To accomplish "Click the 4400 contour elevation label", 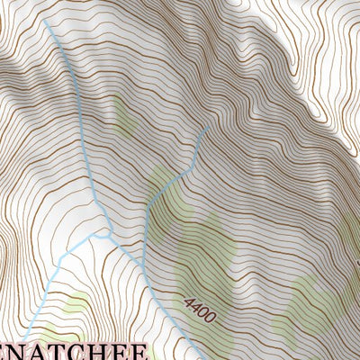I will coord(198,310).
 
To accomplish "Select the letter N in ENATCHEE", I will coord(32,351).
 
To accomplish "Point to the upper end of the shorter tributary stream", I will coord(209,127).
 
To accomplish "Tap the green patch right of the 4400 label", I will coord(310,306).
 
